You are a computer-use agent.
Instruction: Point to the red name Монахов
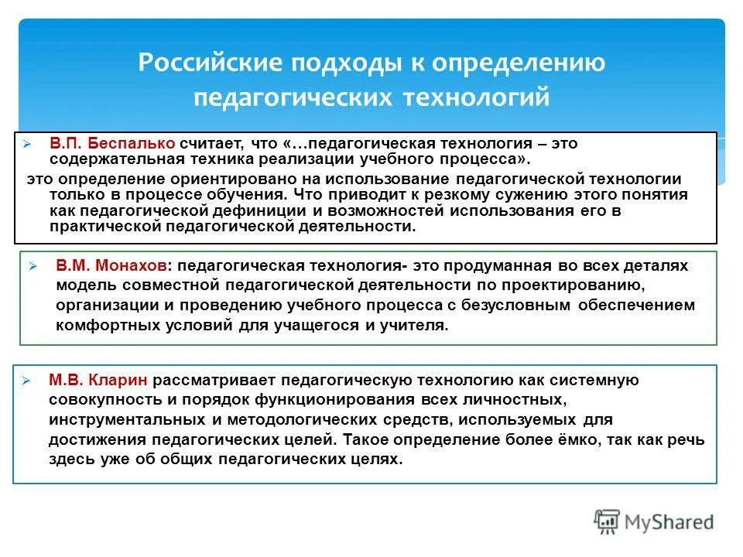pyautogui.click(x=132, y=265)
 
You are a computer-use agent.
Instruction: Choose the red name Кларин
pyautogui.click(x=118, y=381)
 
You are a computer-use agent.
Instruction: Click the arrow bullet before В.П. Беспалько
pyautogui.click(x=26, y=145)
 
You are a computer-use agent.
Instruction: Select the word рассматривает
pyautogui.click(x=214, y=381)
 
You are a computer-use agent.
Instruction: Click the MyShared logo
pyautogui.click(x=655, y=521)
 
